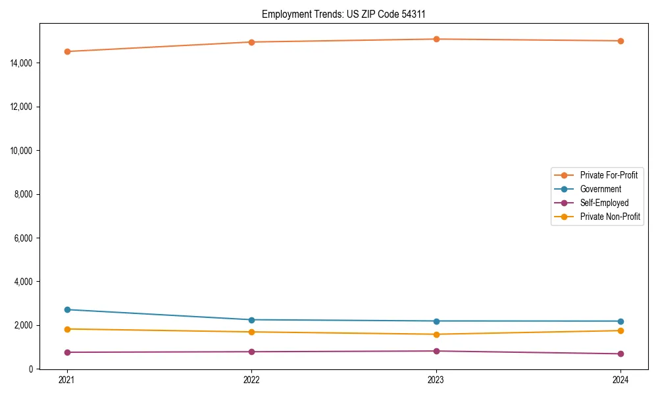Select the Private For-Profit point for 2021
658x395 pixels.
(67, 51)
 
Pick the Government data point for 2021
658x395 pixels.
(67, 309)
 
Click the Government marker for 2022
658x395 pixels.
(251, 320)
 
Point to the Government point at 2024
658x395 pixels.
(620, 321)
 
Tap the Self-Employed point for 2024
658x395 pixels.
(620, 354)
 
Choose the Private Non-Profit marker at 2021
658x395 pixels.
(67, 329)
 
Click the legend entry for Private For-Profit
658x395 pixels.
(608, 175)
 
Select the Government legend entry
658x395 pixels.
(600, 189)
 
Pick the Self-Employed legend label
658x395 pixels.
(604, 203)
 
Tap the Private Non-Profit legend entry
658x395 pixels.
(610, 217)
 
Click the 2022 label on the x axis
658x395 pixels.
(251, 380)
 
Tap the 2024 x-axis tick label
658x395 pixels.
(620, 380)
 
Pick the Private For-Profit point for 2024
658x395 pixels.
(620, 41)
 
